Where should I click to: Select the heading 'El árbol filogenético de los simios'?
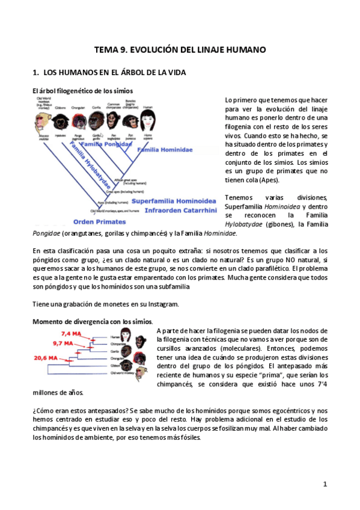[83, 91]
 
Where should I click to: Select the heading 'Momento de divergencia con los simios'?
[92, 322]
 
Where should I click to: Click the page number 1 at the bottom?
[325, 484]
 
